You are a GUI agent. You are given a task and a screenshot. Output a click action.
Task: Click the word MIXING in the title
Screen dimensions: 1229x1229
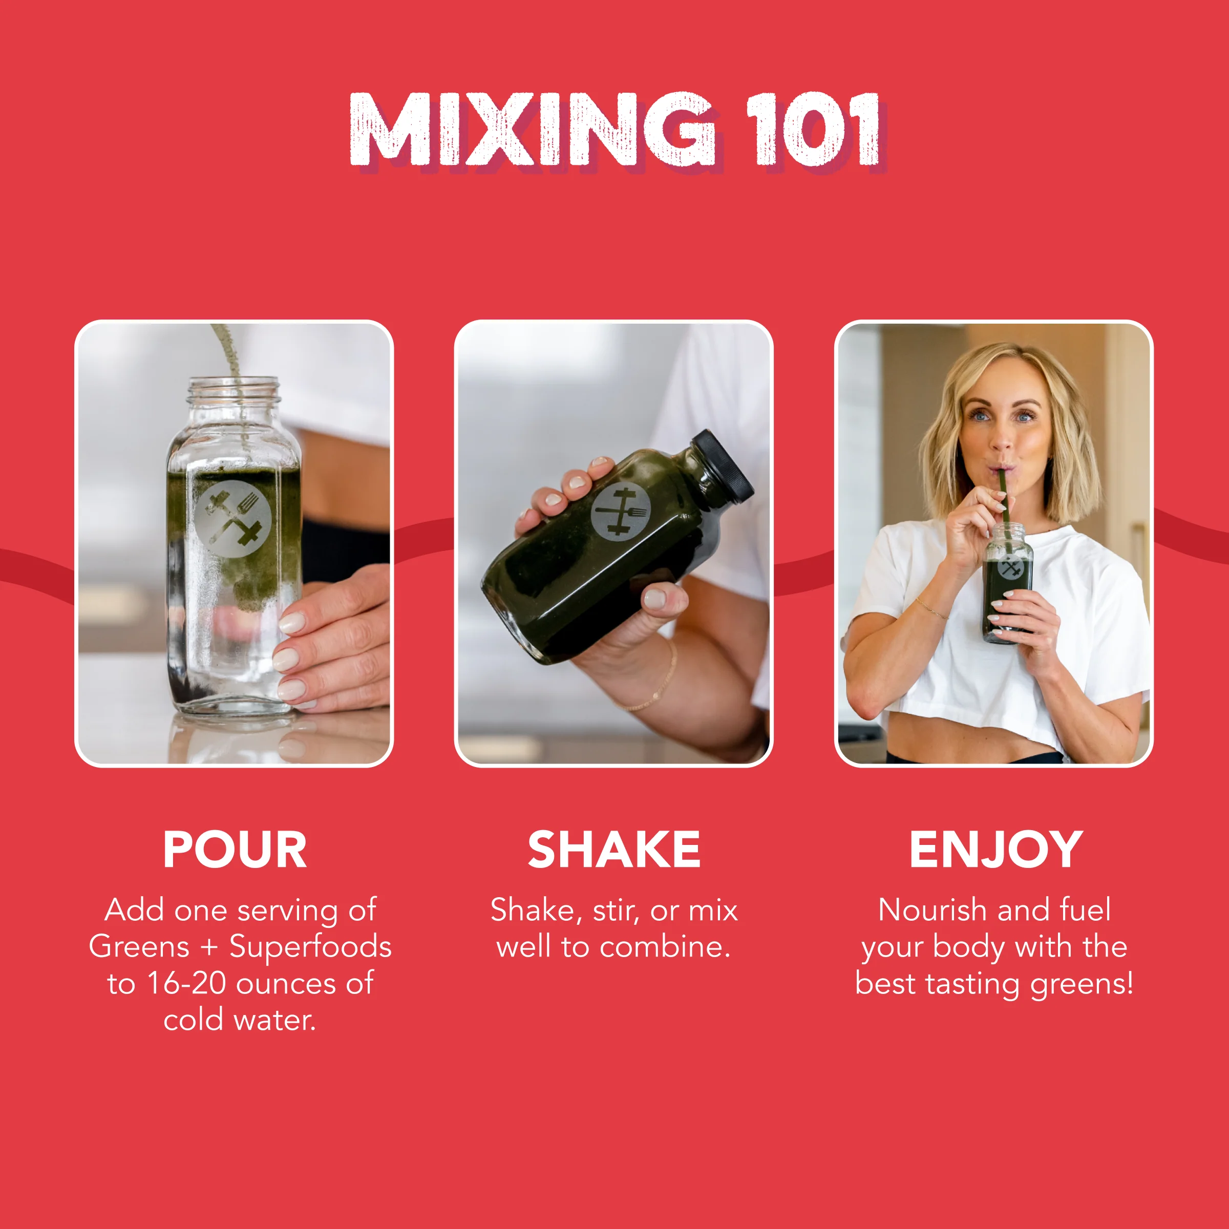(531, 129)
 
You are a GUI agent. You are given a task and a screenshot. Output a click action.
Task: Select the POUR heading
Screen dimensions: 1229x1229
(235, 850)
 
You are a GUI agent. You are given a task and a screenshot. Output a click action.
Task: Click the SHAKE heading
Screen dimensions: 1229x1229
(614, 850)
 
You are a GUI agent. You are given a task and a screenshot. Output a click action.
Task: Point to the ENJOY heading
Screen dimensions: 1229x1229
(995, 850)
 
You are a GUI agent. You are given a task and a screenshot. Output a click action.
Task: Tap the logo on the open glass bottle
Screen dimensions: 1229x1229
(233, 518)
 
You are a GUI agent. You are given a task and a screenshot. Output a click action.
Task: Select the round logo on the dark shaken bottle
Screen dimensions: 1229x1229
(621, 513)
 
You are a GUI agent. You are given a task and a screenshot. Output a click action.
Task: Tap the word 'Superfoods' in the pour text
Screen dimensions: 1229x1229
(310, 946)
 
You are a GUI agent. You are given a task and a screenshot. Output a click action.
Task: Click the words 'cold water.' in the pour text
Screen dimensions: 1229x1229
(240, 1021)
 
